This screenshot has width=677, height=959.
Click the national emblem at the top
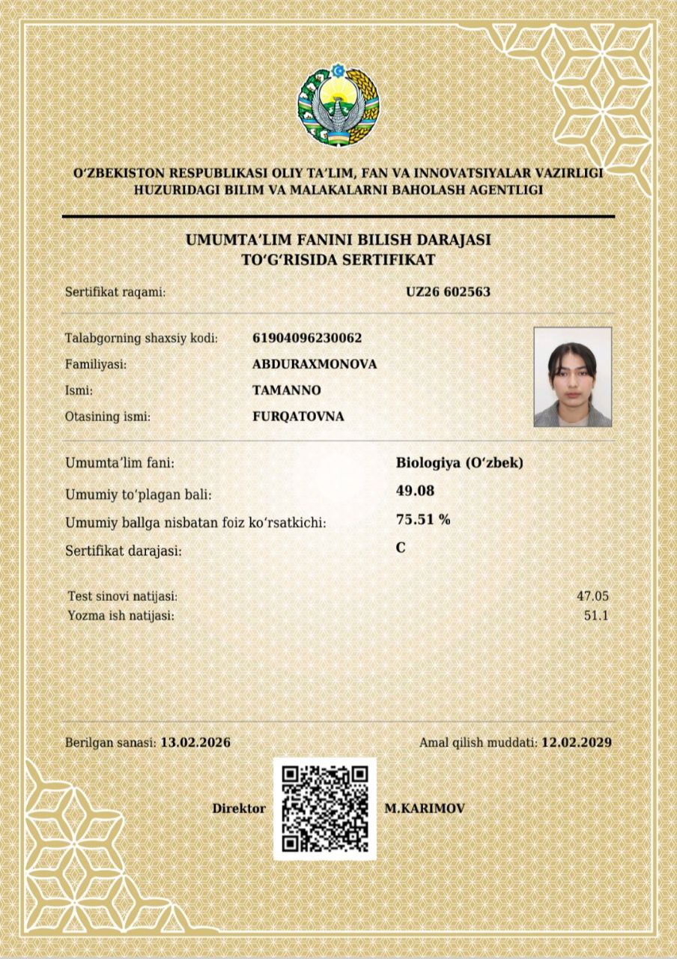(x=338, y=105)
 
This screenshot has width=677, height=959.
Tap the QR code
(x=325, y=808)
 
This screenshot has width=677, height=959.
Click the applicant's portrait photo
(x=573, y=377)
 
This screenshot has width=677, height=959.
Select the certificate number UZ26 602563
(x=448, y=291)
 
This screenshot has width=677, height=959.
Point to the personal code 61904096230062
(x=308, y=338)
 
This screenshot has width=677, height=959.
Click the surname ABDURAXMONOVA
(x=315, y=364)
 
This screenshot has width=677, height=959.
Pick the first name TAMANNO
(x=287, y=390)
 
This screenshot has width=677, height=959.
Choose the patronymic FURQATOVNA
(x=299, y=416)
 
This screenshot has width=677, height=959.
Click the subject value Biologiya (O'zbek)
(x=459, y=463)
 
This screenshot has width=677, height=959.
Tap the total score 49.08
(x=415, y=491)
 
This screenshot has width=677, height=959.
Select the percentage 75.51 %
(x=423, y=519)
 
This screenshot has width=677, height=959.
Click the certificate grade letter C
(x=401, y=548)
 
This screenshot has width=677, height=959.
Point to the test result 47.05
(x=592, y=596)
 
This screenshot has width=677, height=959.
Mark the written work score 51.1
(x=597, y=616)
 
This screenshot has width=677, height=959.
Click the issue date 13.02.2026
(x=195, y=742)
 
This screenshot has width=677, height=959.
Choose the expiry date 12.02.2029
(x=577, y=742)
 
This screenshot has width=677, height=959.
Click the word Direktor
(x=239, y=808)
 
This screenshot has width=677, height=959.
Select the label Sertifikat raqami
(x=115, y=292)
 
